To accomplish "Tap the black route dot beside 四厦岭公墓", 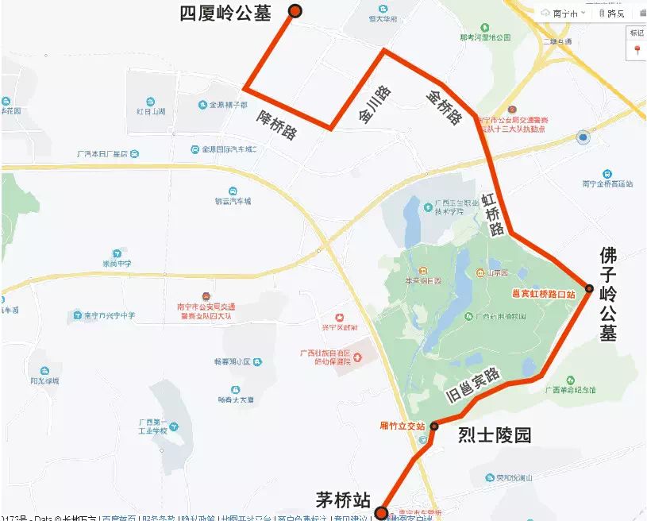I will [x=295, y=11].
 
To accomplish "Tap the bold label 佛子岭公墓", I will [x=608, y=294].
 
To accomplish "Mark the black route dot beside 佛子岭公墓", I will [x=589, y=288].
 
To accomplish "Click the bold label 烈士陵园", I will [x=495, y=434].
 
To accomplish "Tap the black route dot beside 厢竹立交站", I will [x=434, y=426].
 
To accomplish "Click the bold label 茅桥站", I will [x=343, y=500].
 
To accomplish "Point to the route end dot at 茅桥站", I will [x=381, y=513].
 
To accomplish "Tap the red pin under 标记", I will [x=637, y=51].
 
